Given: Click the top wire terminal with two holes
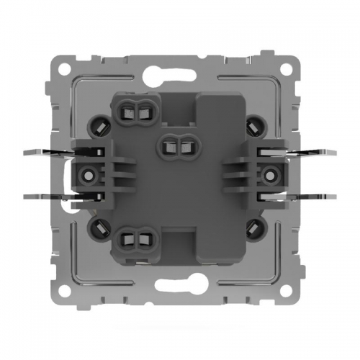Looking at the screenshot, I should click(x=137, y=112).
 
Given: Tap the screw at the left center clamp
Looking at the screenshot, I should click(x=89, y=174).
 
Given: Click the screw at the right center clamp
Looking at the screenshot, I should click(x=268, y=174).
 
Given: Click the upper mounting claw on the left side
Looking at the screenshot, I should click(x=43, y=153).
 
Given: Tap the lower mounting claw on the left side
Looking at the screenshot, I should click(x=43, y=195).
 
